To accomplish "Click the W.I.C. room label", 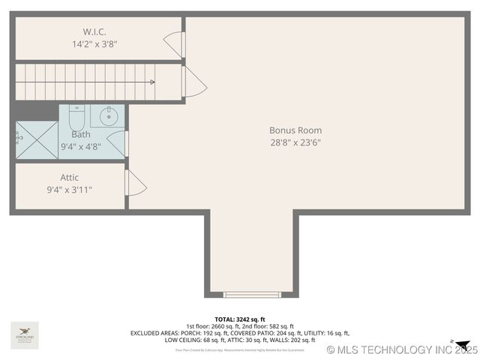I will tap(94, 31).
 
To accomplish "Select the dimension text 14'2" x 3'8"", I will tap(94, 44).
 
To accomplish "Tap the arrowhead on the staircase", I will tap(152, 82).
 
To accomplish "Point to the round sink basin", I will tap(108, 116).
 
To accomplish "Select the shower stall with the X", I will tap(37, 139).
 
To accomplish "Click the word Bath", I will tap(81, 134).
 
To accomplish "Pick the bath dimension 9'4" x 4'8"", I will tap(81, 147).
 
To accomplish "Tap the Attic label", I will tap(70, 178).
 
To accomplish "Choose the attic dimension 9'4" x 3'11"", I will tap(70, 190).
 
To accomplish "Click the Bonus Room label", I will tap(295, 130).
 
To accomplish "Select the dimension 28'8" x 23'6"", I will tap(295, 142).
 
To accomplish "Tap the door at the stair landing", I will tap(193, 82).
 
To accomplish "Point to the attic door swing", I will tap(136, 183).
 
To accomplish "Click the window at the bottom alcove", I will tap(252, 295).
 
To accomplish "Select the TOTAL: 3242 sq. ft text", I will tap(240, 319).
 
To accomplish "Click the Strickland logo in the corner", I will tap(25, 334).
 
